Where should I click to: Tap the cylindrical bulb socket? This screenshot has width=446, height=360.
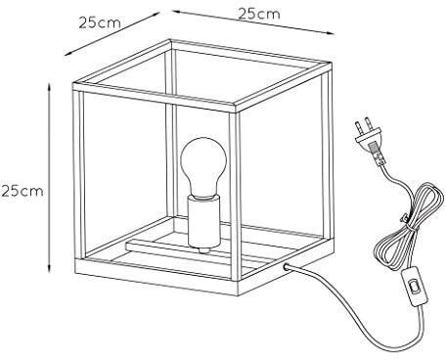[203, 222]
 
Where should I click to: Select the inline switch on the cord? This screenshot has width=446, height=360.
[414, 287]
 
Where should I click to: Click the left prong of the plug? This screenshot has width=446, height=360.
[358, 129]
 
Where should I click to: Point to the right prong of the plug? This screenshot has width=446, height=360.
[369, 124]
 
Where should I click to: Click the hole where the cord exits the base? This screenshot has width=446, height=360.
[287, 266]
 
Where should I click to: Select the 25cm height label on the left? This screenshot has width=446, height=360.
[22, 191]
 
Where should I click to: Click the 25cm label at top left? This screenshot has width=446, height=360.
[100, 22]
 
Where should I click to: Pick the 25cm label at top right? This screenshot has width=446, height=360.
[259, 14]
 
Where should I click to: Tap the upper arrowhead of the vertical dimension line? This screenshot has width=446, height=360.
[49, 87]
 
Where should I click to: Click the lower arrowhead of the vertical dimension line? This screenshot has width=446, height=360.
[49, 267]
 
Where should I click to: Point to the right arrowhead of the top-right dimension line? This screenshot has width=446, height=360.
[330, 32]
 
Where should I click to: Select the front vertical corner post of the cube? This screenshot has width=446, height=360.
[235, 196]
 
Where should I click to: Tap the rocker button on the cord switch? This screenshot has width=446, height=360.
[415, 287]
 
